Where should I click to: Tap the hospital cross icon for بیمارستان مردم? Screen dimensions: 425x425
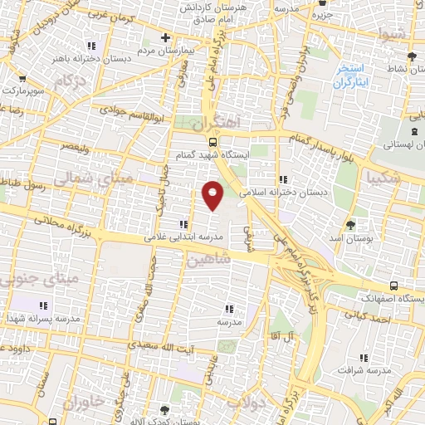(x=166, y=37)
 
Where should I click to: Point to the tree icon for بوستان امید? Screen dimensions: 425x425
(x=350, y=225)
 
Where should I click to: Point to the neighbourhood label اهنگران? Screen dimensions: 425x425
(x=216, y=122)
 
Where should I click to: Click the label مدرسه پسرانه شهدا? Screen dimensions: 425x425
(x=46, y=318)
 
